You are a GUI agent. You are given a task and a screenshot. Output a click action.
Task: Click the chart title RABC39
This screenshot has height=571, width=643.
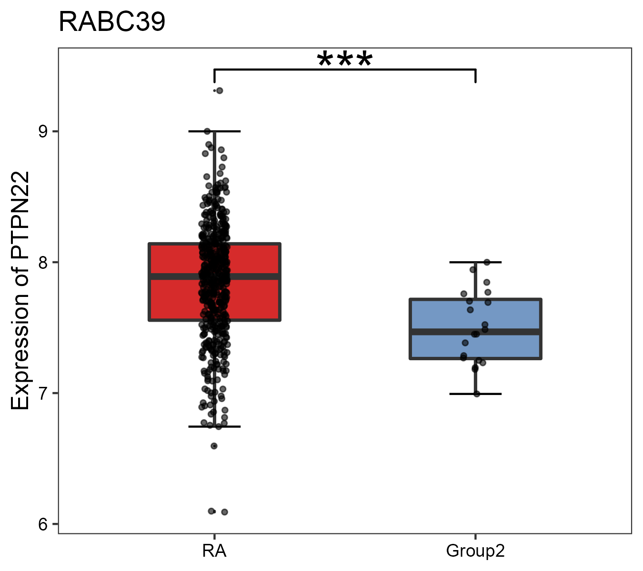pyautogui.click(x=112, y=22)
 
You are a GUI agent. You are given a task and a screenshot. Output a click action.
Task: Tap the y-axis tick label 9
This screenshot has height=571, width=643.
pyautogui.click(x=43, y=131)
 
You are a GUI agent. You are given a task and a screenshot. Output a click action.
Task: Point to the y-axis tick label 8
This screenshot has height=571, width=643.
pyautogui.click(x=43, y=262)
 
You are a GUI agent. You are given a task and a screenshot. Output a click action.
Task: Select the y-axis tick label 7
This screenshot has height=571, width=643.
pyautogui.click(x=43, y=394)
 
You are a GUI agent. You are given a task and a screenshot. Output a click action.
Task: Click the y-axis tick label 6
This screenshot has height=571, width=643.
pyautogui.click(x=43, y=524)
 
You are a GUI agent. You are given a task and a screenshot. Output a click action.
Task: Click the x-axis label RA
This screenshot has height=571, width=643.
pyautogui.click(x=214, y=551)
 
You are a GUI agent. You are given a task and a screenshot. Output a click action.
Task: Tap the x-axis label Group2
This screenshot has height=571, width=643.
pyautogui.click(x=475, y=551)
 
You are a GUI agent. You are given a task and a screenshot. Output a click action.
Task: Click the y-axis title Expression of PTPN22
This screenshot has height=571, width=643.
pyautogui.click(x=20, y=290)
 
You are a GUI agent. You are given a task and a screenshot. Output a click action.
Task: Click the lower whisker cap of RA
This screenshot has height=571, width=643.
pyautogui.click(x=233, y=426)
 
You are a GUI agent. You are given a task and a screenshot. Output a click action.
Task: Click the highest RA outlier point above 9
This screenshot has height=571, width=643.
pyautogui.click(x=219, y=90)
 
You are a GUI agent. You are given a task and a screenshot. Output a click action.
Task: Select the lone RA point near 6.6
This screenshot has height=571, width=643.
pyautogui.click(x=214, y=446)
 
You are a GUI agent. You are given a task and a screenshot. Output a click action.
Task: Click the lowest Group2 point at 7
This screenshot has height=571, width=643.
pyautogui.click(x=477, y=394)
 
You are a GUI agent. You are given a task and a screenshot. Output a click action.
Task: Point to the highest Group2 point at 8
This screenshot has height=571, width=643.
pyautogui.click(x=487, y=262)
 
